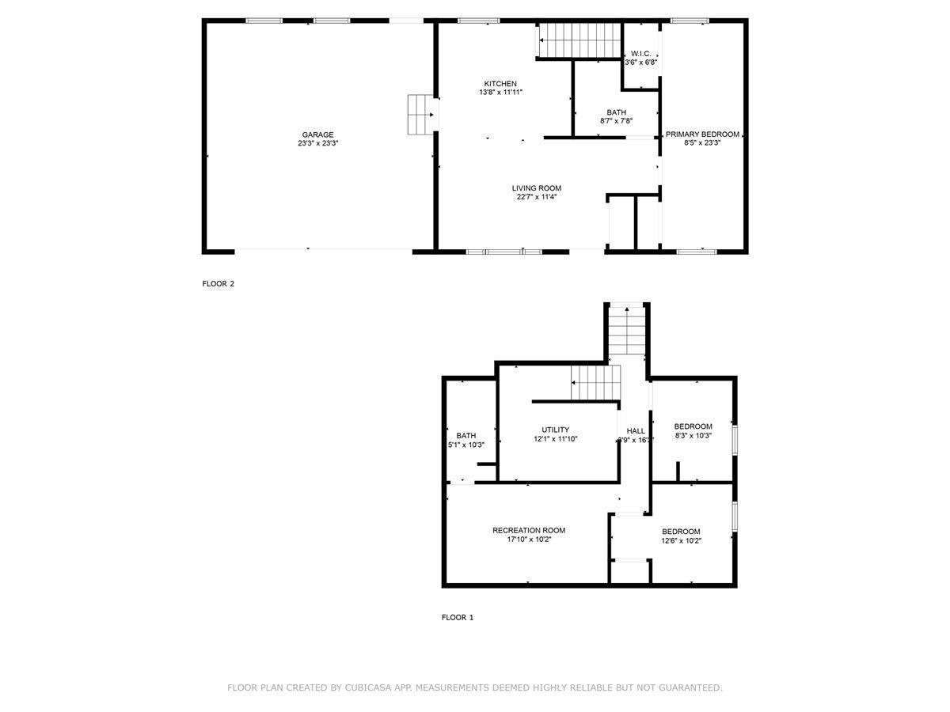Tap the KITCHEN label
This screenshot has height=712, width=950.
point(500,84)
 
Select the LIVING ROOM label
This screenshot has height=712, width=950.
point(536,188)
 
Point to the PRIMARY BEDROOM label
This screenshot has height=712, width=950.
point(702,134)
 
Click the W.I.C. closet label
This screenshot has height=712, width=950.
point(640,53)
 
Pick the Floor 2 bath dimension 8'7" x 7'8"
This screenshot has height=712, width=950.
point(616,122)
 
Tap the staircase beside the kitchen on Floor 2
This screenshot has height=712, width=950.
point(579,40)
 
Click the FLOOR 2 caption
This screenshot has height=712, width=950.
point(218,284)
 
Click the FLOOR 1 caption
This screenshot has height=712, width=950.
point(458,618)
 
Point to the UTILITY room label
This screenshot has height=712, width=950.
point(555,430)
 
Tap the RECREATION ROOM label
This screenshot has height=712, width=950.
point(529,531)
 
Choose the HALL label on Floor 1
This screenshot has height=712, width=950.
point(636,431)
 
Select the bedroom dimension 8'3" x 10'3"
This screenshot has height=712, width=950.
point(693,435)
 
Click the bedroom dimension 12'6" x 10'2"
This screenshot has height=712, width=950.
point(682,541)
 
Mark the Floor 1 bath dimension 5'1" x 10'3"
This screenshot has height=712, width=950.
point(466,445)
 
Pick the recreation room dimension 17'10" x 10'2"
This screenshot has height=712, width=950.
point(529,540)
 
